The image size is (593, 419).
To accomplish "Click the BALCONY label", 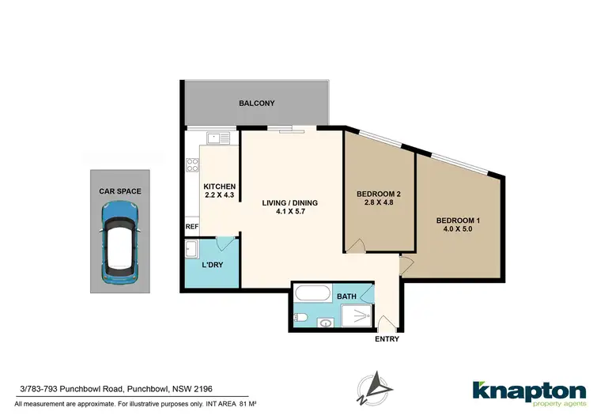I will click(257, 104).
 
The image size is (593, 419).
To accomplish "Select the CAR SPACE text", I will click(121, 190).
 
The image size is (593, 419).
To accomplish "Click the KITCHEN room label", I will click(220, 187).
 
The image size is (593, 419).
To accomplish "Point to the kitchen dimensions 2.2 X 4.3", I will click(220, 195).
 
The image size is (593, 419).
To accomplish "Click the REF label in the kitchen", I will click(191, 227).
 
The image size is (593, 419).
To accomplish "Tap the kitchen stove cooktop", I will click(191, 165).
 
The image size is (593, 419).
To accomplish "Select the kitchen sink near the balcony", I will click(219, 138).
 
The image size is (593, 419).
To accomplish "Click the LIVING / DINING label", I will click(290, 203).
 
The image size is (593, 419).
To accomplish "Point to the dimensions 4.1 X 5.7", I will click(290, 212).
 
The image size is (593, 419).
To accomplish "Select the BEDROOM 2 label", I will click(378, 194).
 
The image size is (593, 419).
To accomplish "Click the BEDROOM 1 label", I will click(459, 220).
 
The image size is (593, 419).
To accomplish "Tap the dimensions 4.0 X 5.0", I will click(459, 229).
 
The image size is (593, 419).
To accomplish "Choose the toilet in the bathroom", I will click(300, 318).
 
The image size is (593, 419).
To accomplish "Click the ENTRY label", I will click(387, 340).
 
